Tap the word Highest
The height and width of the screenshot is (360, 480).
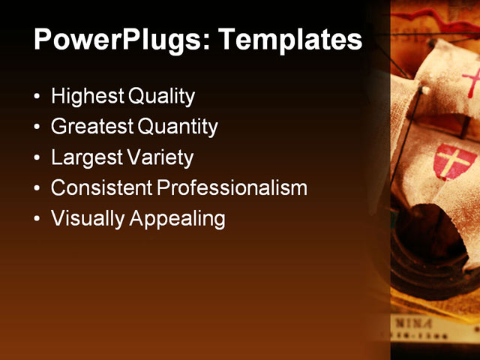(x=87, y=97)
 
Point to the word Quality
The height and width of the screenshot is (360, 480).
(x=161, y=97)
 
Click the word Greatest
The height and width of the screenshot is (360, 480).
(x=92, y=127)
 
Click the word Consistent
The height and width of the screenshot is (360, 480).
(x=100, y=188)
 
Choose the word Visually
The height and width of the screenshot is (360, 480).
(x=87, y=219)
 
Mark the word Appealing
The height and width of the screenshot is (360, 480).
(x=177, y=219)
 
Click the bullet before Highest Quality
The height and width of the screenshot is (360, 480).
(x=38, y=97)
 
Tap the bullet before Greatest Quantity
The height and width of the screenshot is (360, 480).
(x=38, y=127)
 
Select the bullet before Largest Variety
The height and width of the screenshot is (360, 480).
(x=38, y=158)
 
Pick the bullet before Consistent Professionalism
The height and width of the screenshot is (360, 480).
(x=38, y=188)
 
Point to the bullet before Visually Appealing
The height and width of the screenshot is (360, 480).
(x=38, y=219)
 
